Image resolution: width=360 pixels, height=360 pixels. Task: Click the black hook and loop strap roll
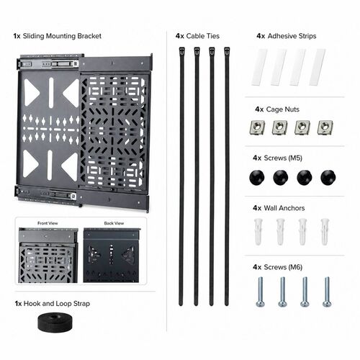tap(56, 323)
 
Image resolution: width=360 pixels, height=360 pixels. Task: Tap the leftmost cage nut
tap(257, 127)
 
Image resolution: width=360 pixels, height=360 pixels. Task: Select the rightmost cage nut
tap(325, 127)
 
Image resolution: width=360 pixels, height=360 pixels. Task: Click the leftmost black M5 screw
tap(257, 177)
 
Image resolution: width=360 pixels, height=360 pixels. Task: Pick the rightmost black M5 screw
tap(328, 177)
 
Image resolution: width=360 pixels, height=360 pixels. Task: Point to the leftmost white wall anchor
tap(258, 232)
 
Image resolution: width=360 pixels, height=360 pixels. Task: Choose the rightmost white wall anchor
tap(325, 232)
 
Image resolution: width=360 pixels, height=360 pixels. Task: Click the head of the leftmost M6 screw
tap(261, 304)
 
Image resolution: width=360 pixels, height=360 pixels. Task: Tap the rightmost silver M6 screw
tap(327, 292)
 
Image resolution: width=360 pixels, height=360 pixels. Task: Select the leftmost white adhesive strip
tap(259, 67)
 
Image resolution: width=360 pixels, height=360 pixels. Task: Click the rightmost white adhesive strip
tap(317, 67)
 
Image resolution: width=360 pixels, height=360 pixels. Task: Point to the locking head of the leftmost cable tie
tap(182, 51)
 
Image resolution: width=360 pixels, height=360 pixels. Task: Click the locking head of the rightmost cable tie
tap(227, 51)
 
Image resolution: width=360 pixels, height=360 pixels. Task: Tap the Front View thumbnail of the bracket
tap(48, 255)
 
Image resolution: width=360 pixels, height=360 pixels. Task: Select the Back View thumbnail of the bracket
tap(112, 255)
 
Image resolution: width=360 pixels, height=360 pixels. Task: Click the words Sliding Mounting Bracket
tap(62, 36)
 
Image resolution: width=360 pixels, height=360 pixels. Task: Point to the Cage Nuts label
tap(283, 109)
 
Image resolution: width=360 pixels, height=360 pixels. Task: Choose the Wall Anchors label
tap(284, 208)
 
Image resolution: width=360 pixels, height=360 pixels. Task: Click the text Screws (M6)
tap(283, 267)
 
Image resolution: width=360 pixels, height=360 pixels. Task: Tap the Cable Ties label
tap(203, 36)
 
